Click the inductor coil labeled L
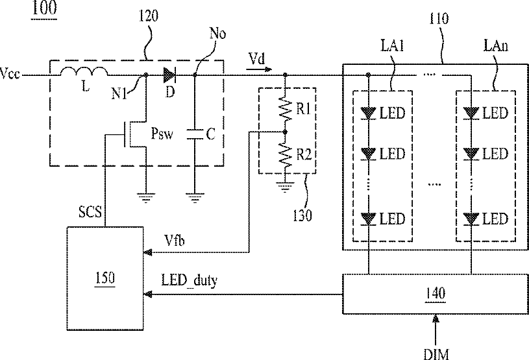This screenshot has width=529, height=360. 84,71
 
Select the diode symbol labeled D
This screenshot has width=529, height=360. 169,75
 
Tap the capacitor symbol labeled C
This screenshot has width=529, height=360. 194,134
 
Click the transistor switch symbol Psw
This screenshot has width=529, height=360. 135,134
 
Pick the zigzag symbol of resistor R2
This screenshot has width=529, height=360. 286,155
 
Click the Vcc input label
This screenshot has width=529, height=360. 10,73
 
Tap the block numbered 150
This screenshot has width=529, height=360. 105,278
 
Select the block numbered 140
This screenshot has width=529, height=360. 436,294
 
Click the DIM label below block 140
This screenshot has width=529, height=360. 436,354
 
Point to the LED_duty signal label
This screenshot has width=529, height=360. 190,280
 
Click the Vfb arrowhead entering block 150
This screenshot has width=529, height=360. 147,252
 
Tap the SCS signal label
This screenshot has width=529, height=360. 90,212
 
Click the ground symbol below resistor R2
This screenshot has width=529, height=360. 286,186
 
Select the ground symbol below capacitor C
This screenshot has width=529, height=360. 195,198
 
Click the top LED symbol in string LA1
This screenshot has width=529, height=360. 369,114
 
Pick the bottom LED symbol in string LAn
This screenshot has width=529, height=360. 471,219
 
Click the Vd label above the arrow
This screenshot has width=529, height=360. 257,59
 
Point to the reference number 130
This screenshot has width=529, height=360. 302,215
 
